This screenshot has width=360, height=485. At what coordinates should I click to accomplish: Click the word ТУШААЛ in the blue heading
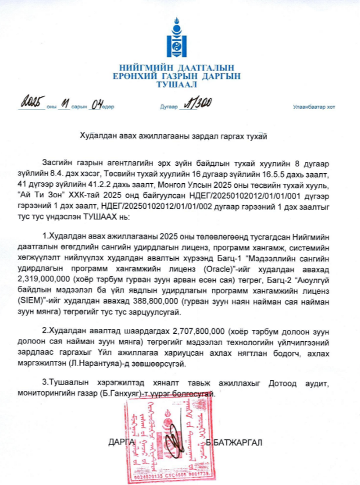tap(180, 85)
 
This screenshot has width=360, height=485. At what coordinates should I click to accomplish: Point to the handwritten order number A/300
tap(195, 105)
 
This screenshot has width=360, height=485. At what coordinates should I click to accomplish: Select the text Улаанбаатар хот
tap(314, 107)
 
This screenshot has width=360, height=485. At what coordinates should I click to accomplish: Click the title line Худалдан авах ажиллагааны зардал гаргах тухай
tap(180, 136)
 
